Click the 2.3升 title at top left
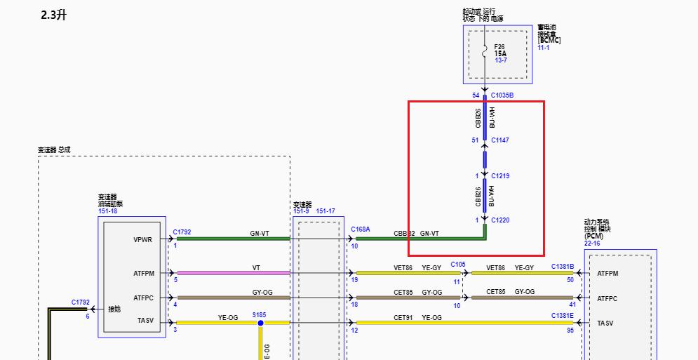click(x=54, y=15)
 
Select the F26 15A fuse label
click(x=500, y=51)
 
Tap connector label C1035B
click(x=502, y=95)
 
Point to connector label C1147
click(x=500, y=140)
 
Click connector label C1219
click(x=500, y=175)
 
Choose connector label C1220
click(x=500, y=220)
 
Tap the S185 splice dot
click(x=260, y=323)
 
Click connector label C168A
click(x=361, y=229)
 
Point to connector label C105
click(x=458, y=265)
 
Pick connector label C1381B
click(x=562, y=267)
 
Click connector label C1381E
click(x=562, y=316)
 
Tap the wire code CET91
click(x=403, y=317)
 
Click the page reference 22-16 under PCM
click(x=592, y=244)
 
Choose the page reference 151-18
click(x=108, y=211)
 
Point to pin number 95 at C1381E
click(x=571, y=329)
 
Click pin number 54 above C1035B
click(x=476, y=95)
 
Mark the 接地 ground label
click(x=114, y=309)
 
